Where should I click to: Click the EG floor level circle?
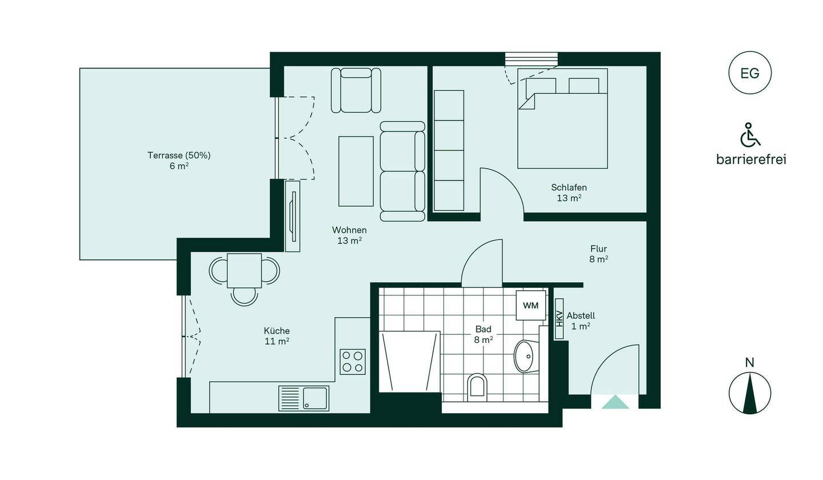[750, 73]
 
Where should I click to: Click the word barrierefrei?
[751, 160]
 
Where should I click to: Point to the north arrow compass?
[750, 393]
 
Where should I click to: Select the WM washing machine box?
[531, 305]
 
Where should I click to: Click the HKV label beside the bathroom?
[559, 319]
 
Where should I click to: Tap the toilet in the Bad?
[477, 387]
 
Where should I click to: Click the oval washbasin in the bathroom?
[526, 356]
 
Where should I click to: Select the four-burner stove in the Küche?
[353, 362]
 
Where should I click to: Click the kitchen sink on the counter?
[304, 398]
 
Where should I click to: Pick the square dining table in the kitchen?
[245, 271]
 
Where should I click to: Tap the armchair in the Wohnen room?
[355, 90]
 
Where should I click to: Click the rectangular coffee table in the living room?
[356, 171]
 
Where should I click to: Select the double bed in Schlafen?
[562, 118]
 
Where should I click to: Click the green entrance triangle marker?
[616, 402]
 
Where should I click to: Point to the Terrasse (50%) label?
[179, 155]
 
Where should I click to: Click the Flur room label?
[598, 249]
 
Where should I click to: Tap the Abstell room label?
[581, 315]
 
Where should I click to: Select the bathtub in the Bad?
[410, 362]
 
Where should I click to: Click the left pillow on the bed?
[541, 86]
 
